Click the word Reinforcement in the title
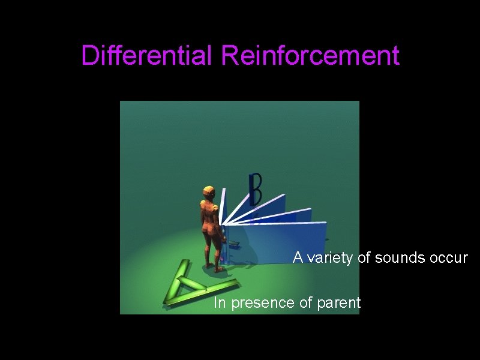310,56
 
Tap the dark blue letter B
256,190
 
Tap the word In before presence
220,303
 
